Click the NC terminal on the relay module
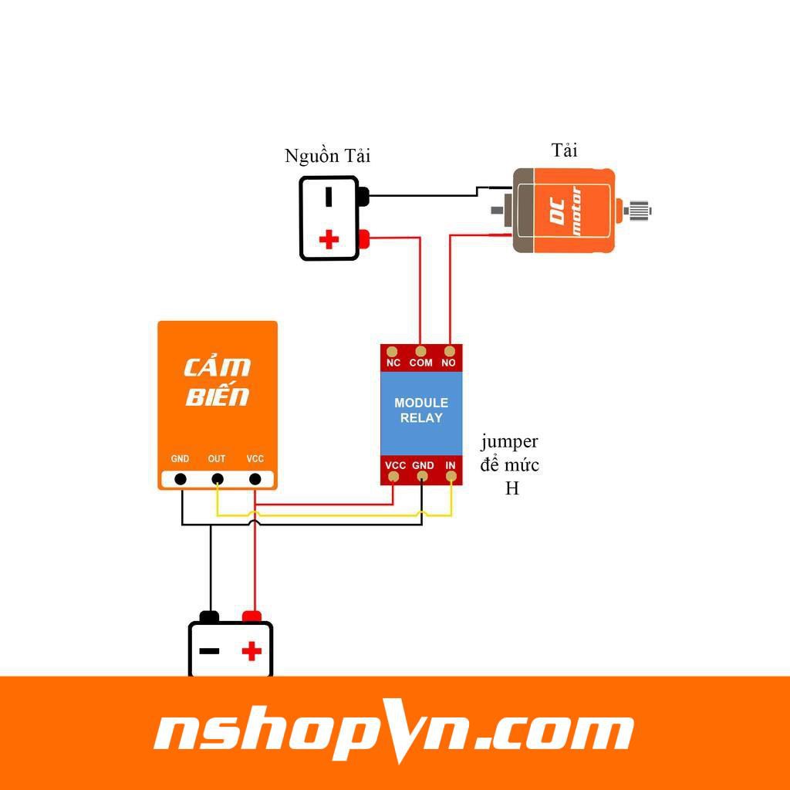click(x=393, y=351)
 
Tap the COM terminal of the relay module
click(x=421, y=351)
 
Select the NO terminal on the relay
click(x=450, y=351)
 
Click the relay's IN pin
click(x=451, y=478)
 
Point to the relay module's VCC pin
click(x=394, y=478)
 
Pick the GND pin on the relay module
click(x=423, y=478)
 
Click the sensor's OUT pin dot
click(x=218, y=479)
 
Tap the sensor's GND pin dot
click(x=181, y=479)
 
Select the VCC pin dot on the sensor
click(x=255, y=479)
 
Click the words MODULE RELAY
click(x=421, y=410)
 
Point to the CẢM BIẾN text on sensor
click(x=218, y=381)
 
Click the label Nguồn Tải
click(x=327, y=156)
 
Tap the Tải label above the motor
click(x=565, y=150)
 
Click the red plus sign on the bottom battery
click(x=252, y=651)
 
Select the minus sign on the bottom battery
click(x=209, y=651)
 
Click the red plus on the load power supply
click(x=329, y=239)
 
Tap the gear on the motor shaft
click(x=640, y=209)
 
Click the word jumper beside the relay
click(x=509, y=442)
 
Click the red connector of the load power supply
click(x=365, y=239)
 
